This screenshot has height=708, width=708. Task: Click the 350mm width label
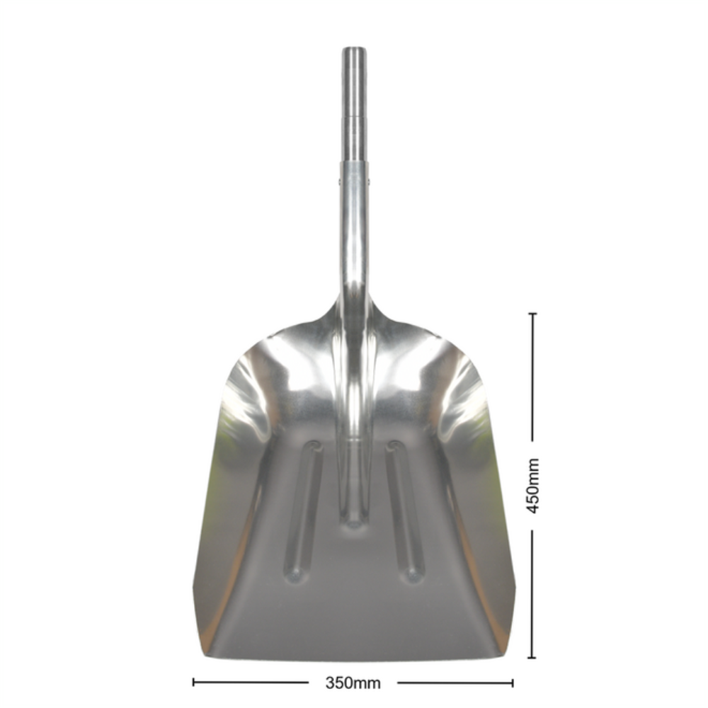(353, 683)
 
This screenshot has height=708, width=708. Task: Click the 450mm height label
(533, 486)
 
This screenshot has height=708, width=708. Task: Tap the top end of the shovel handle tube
(353, 48)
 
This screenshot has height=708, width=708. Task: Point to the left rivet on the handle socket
(339, 181)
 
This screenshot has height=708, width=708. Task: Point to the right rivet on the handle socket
(368, 181)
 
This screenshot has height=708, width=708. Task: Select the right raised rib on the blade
(406, 511)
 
